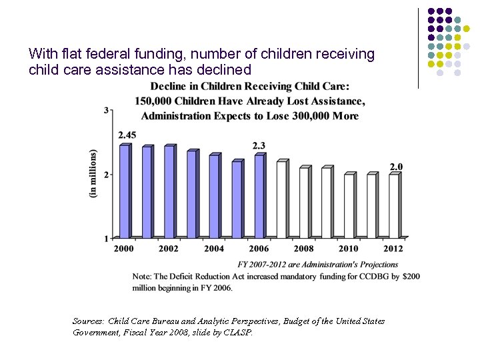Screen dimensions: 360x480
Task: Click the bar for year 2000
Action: point(123,191)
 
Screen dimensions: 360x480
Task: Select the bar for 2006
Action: point(259,196)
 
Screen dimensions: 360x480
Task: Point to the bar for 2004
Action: point(213,196)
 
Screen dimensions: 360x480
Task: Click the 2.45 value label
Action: point(127,135)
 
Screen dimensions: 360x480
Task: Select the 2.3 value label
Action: point(259,145)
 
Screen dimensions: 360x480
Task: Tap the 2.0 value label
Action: point(396,166)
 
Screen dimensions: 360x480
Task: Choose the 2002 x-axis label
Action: point(169,249)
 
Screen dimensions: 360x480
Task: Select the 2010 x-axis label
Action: point(349,249)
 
